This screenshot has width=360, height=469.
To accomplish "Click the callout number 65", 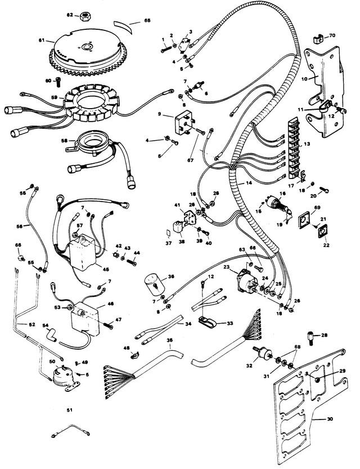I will click(x=147, y=20).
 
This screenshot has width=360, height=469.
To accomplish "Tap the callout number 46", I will click(x=111, y=303).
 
